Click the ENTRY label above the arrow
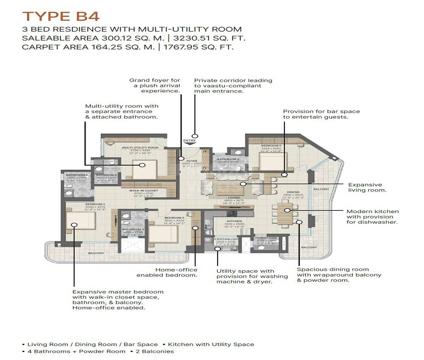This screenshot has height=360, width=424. point(189,140)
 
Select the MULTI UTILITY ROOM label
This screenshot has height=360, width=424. point(140,147)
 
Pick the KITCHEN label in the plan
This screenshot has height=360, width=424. point(234,221)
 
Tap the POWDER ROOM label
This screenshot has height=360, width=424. point(266,238)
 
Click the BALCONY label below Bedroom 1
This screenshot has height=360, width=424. point(96,253)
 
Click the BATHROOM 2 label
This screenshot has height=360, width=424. point(228,159)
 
